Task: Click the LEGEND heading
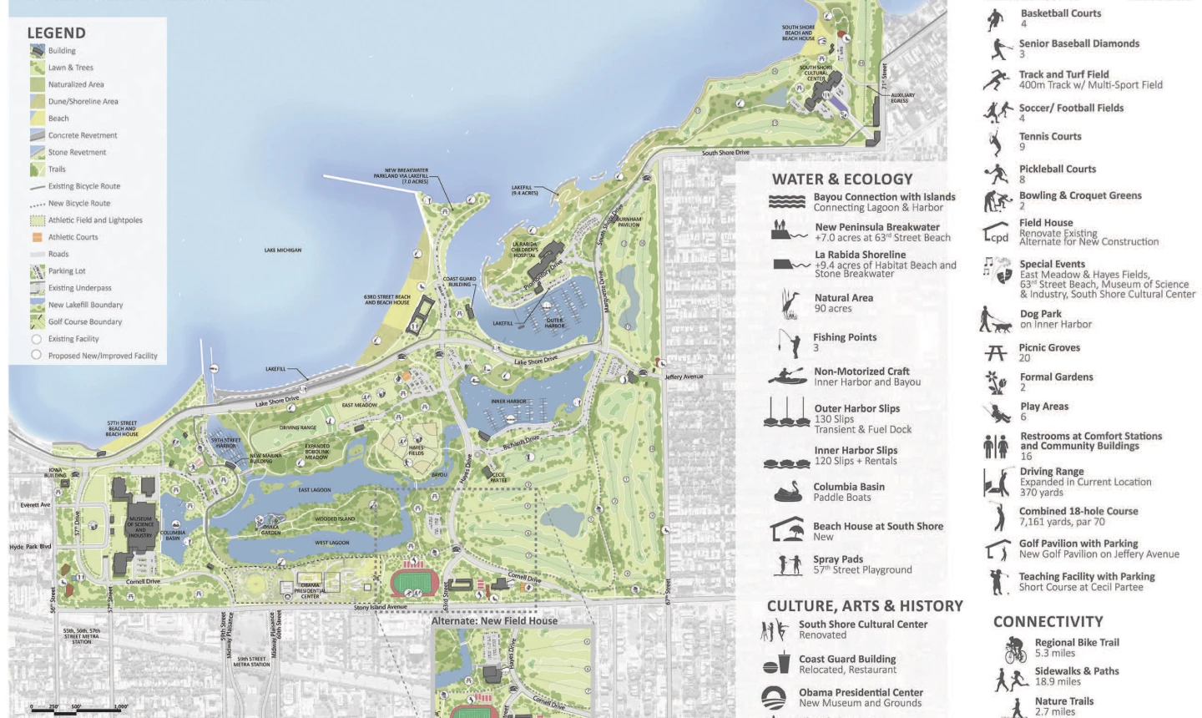coord(56,33)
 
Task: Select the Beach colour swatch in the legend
coord(37,119)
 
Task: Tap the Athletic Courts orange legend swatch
coord(37,237)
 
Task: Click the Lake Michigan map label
coord(283,250)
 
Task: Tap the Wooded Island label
coord(335,518)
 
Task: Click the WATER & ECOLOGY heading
coord(842,179)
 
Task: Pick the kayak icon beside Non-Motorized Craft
coord(786,376)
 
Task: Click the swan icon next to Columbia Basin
coord(787,493)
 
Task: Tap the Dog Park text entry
coord(1055,319)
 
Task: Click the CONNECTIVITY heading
coord(1048,622)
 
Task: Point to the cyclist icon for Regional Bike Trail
coord(1014,649)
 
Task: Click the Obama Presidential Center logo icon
coord(775,697)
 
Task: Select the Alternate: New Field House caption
coord(494,621)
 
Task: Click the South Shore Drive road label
coord(725,153)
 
